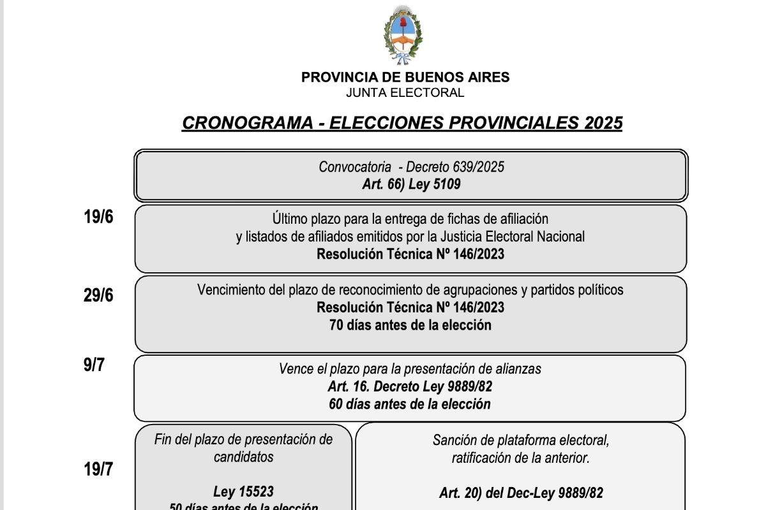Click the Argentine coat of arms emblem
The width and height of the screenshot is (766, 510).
click(402, 34)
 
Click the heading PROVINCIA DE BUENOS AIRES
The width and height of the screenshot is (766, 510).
click(405, 78)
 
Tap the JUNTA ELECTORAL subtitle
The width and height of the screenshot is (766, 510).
click(405, 93)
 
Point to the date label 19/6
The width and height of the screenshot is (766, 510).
click(98, 217)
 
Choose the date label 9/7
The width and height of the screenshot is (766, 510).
click(93, 366)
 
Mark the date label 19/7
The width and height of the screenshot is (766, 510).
click(98, 470)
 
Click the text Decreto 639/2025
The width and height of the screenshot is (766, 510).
click(455, 167)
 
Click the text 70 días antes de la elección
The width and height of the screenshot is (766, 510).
click(410, 325)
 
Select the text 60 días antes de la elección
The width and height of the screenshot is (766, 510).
click(410, 404)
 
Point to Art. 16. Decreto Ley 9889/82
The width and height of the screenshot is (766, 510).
click(410, 387)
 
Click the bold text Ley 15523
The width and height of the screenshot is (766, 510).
click(243, 492)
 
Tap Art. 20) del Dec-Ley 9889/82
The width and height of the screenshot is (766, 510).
click(521, 492)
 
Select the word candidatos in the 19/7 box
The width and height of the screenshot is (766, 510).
click(243, 456)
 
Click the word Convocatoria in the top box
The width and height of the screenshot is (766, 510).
click(355, 167)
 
